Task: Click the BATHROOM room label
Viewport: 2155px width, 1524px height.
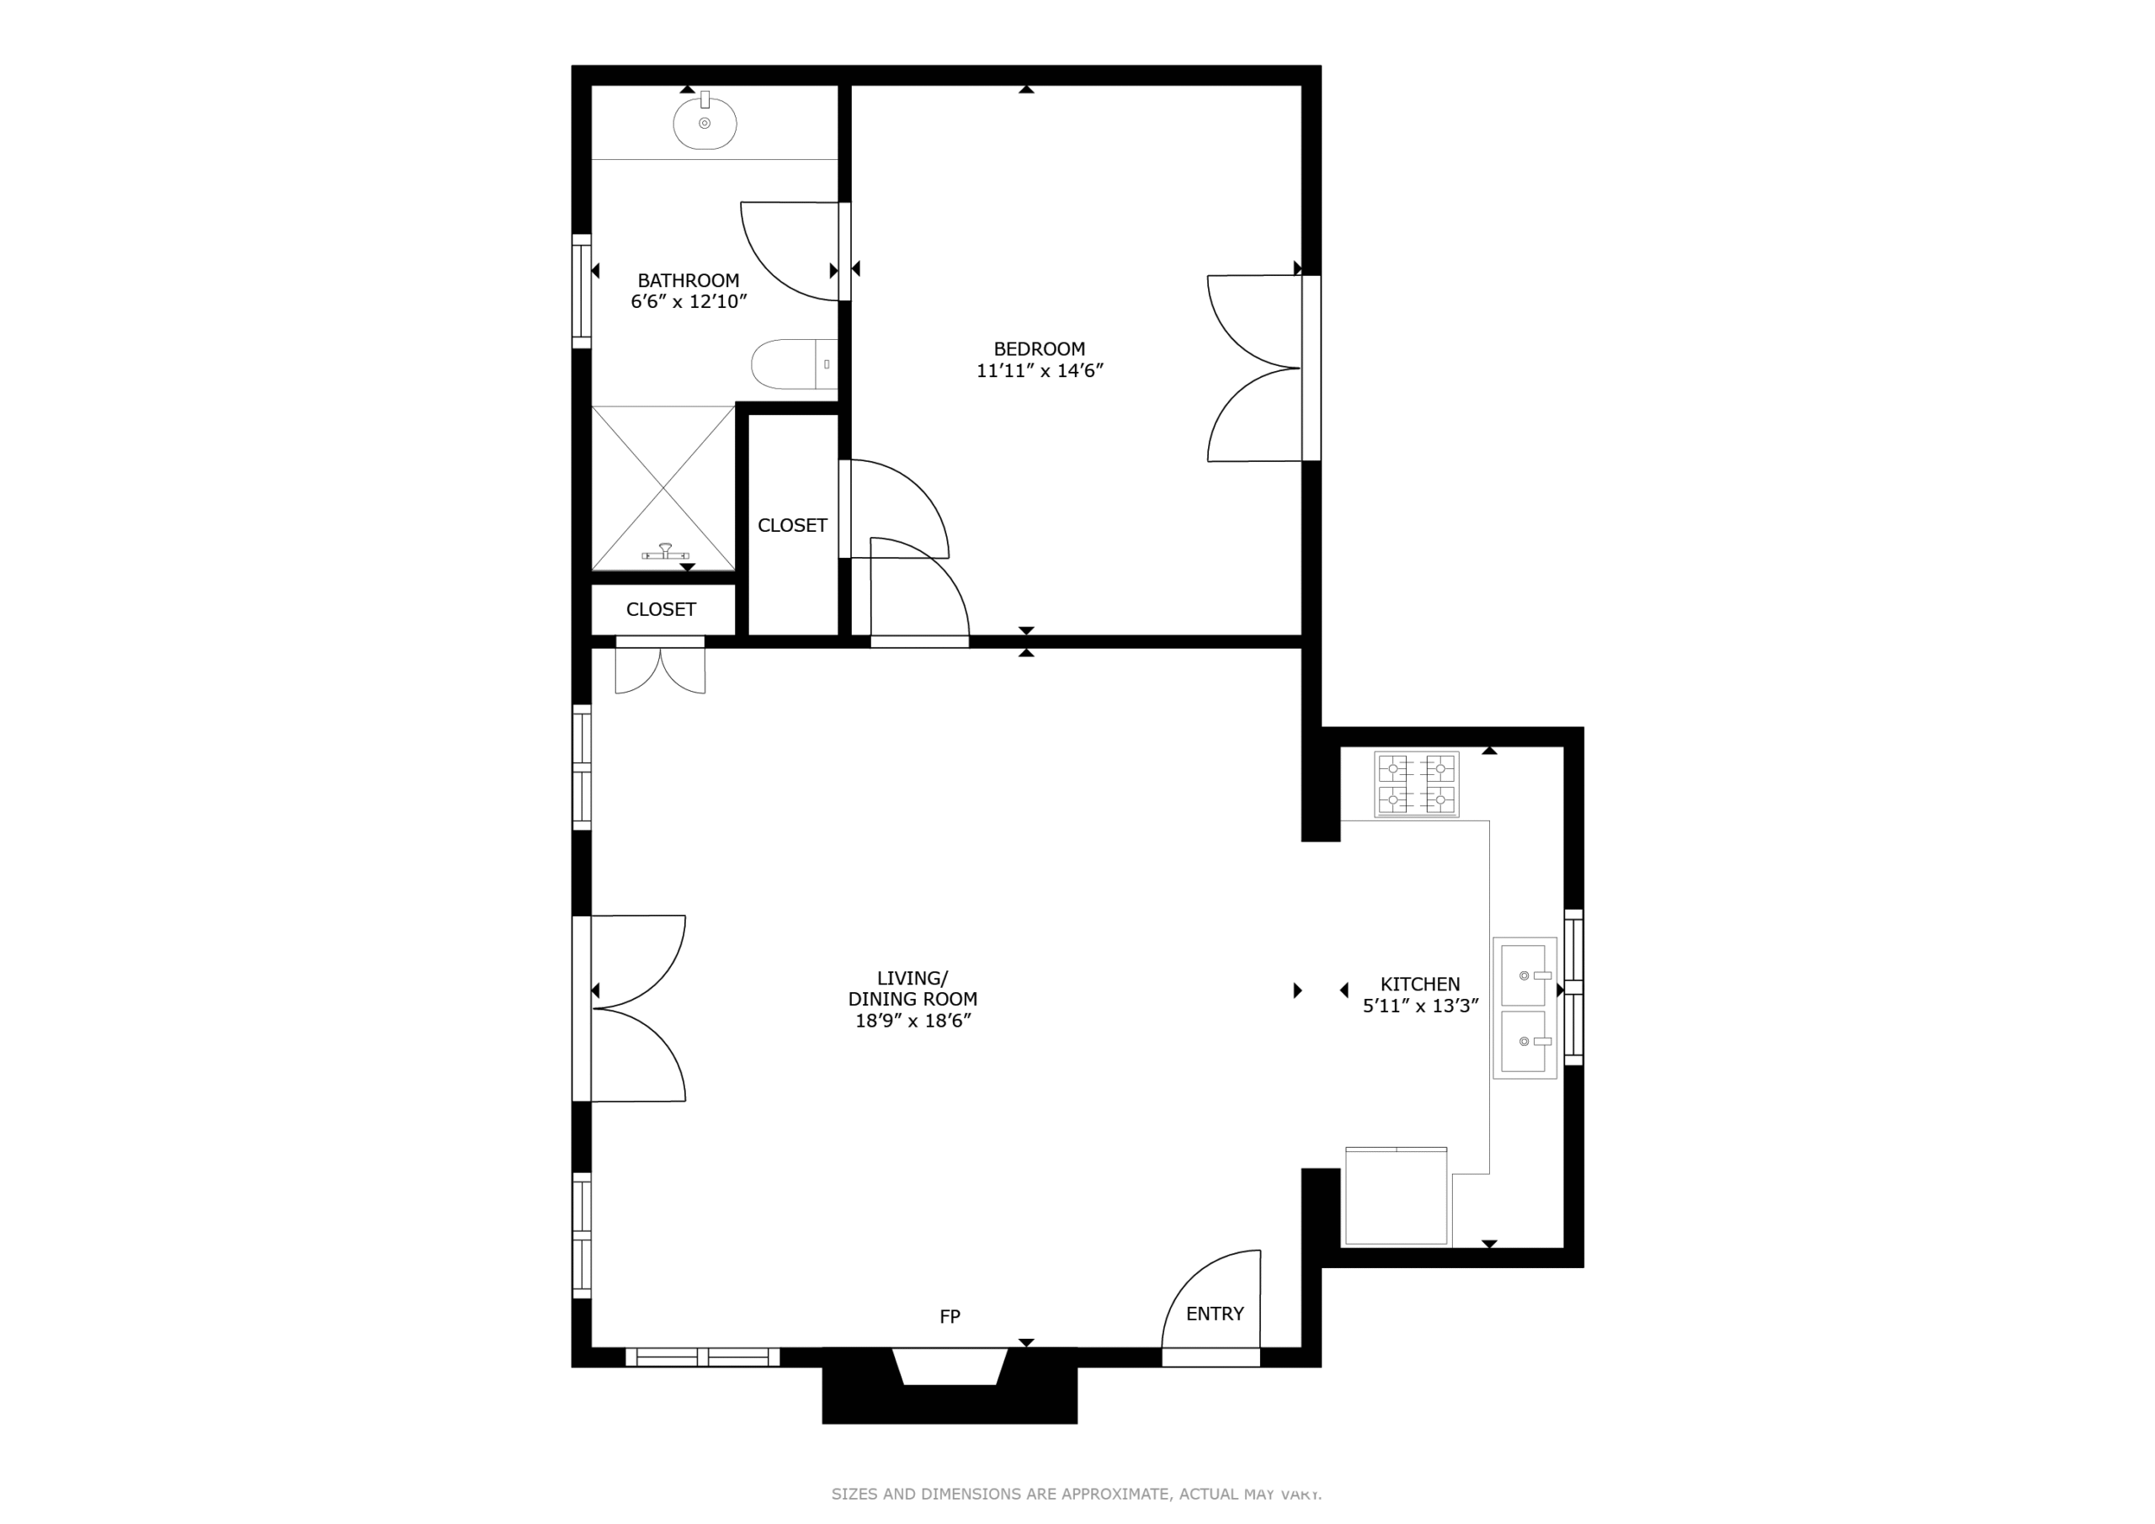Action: [688, 279]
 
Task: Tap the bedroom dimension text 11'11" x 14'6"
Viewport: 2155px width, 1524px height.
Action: [1039, 369]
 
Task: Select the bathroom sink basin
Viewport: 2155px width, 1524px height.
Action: [705, 121]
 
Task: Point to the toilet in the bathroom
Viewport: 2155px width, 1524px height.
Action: [794, 364]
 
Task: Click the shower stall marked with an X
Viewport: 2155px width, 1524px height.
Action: [663, 488]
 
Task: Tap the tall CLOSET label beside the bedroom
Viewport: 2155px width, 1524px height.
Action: [792, 525]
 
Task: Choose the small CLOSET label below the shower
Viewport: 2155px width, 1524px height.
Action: [661, 610]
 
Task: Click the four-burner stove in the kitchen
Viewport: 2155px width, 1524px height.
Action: [1417, 783]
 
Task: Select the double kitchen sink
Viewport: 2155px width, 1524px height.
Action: [1524, 1008]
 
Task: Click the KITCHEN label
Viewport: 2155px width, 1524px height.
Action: [1420, 984]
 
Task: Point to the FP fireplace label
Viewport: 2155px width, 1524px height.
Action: [950, 1317]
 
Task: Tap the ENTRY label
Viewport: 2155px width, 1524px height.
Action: [1215, 1314]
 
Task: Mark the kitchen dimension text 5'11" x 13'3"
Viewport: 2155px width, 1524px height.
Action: [1420, 1006]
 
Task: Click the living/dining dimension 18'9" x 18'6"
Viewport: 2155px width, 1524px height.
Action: [913, 1021]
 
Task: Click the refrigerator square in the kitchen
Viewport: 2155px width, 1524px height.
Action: [1397, 1197]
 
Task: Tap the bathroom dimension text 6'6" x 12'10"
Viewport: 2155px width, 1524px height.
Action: [688, 301]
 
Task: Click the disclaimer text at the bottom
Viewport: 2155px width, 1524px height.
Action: [1077, 1493]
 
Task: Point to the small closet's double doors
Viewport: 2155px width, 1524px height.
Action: [660, 668]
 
